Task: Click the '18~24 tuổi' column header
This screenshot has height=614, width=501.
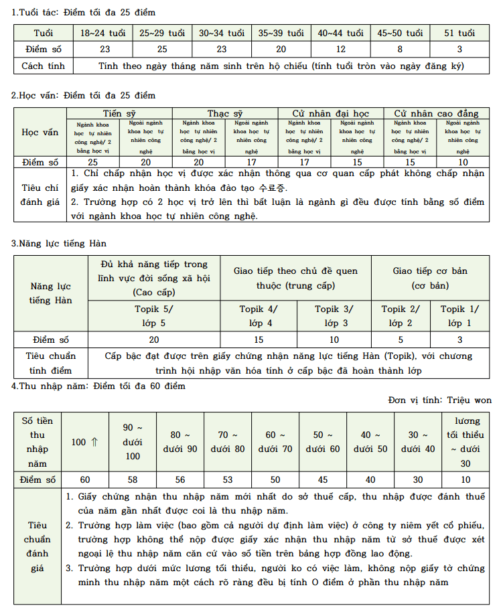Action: [x=102, y=33]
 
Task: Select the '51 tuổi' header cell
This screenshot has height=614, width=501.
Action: [x=460, y=33]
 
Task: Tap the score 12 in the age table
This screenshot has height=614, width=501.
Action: [x=341, y=49]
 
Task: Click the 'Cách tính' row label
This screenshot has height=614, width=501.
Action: [x=43, y=66]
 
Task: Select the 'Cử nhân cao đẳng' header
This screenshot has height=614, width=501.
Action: [x=436, y=113]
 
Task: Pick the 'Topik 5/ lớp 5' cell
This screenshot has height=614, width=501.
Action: [x=153, y=316]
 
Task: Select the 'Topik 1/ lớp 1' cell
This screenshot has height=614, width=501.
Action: [x=459, y=316]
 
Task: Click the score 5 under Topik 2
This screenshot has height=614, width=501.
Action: [x=401, y=339]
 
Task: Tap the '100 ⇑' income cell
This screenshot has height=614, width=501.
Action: [x=85, y=442]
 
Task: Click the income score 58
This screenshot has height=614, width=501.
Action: [x=132, y=480]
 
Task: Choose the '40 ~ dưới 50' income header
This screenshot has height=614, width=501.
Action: [x=370, y=442]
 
